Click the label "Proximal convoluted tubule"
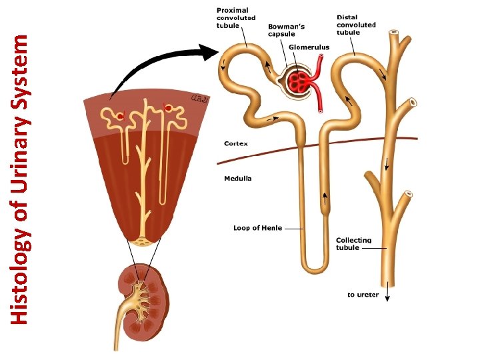235,18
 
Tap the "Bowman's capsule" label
286,30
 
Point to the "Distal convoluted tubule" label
356,25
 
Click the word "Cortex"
236,143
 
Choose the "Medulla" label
238,179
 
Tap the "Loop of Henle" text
257,228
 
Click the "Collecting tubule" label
353,243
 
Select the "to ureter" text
363,295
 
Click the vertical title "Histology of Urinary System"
21,179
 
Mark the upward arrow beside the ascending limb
326,197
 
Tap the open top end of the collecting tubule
395,32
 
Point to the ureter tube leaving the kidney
121,330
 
